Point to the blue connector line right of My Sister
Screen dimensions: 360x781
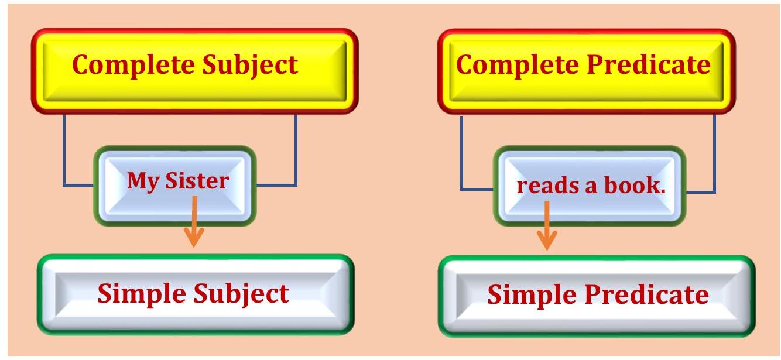pyautogui.click(x=296, y=152)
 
